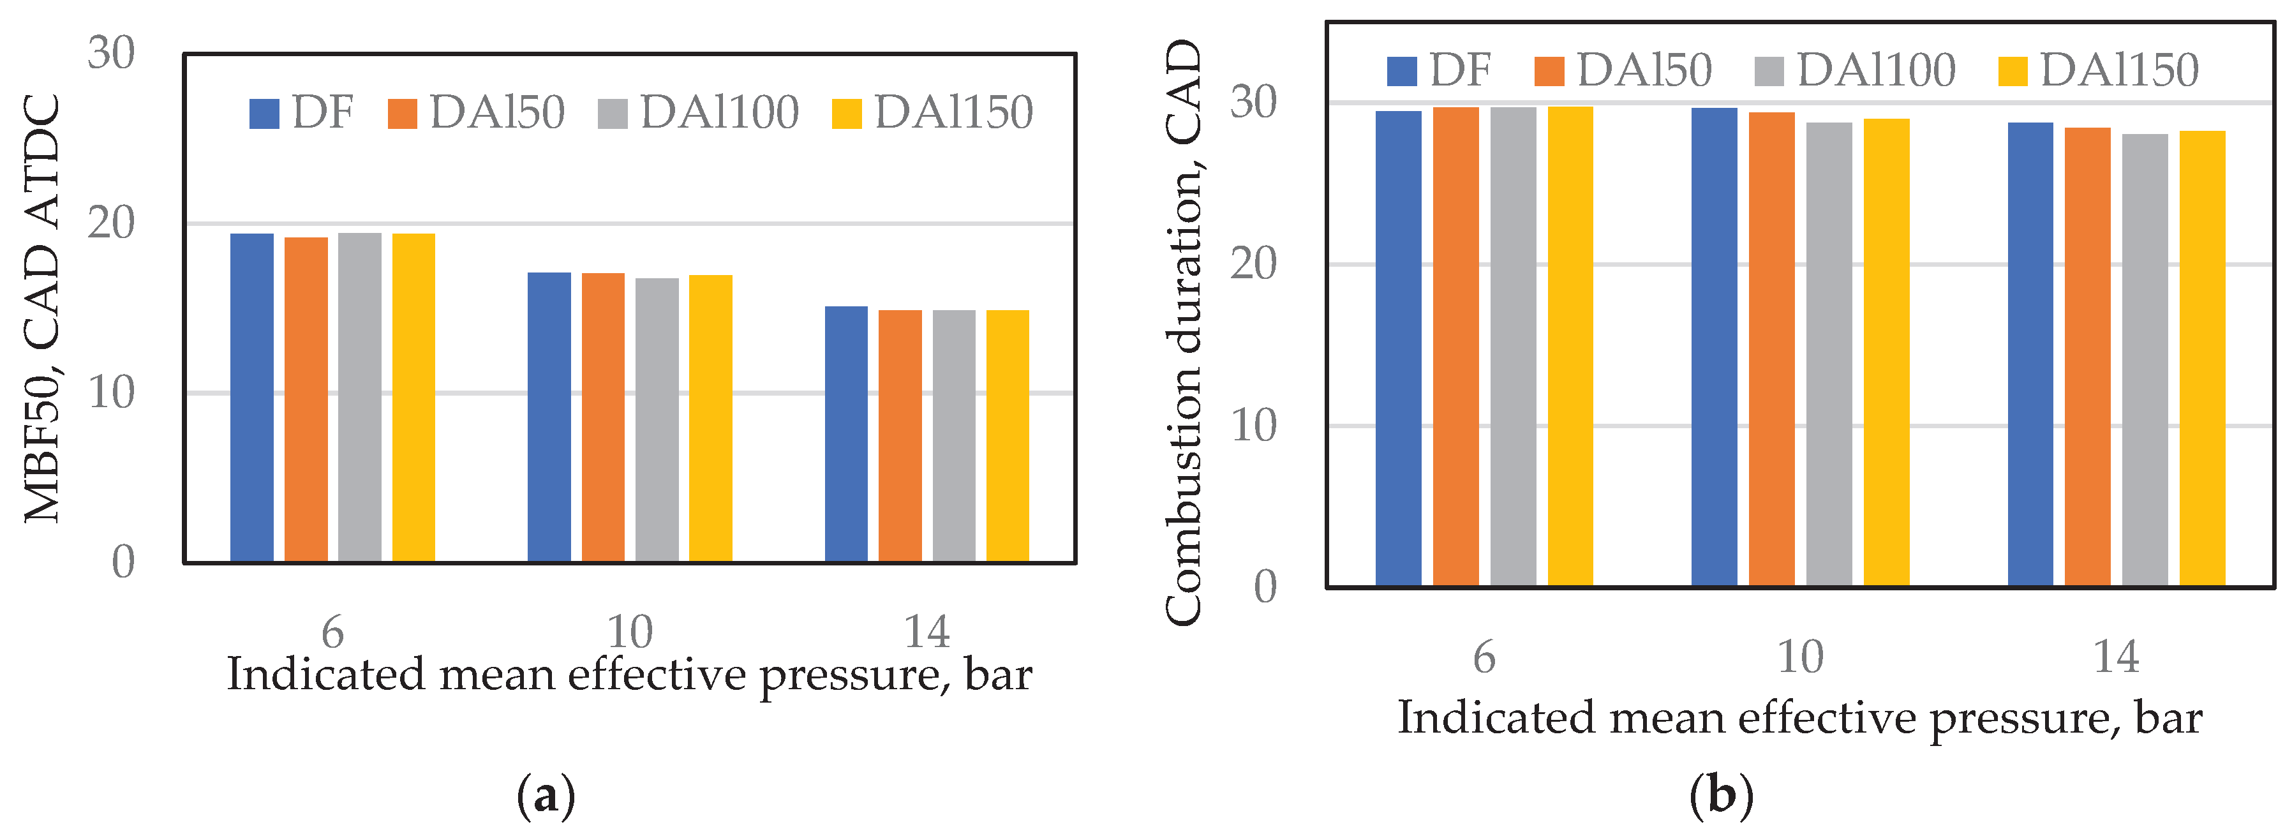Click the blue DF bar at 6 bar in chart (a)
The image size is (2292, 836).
[x=252, y=398]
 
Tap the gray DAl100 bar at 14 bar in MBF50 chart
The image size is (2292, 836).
[x=954, y=437]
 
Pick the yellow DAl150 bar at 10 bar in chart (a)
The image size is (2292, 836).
[x=711, y=419]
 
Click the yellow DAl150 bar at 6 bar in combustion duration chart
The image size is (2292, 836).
[x=1570, y=347]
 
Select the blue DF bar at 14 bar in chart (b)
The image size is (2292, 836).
[x=2030, y=354]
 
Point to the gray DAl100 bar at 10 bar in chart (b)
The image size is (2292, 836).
[x=1829, y=354]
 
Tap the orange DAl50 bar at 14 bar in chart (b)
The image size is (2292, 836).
[x=2087, y=357]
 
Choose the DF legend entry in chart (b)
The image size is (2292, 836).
[x=1439, y=70]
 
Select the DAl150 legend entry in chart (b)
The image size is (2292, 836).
[x=2098, y=70]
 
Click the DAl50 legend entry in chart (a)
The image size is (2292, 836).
[x=477, y=113]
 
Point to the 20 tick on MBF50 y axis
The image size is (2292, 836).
[x=111, y=223]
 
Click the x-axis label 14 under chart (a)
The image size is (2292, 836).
[x=926, y=632]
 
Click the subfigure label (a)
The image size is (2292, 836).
[x=546, y=795]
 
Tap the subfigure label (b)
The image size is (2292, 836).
[x=1721, y=795]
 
